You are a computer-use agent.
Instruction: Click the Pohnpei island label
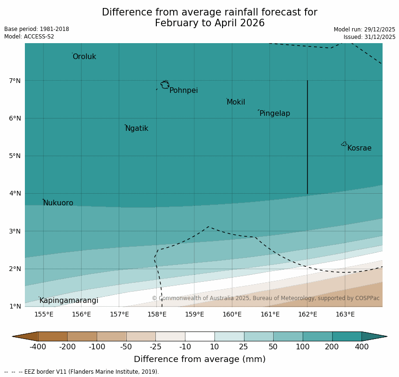click(184, 90)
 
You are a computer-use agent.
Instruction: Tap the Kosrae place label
click(359, 148)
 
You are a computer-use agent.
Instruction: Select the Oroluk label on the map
click(84, 57)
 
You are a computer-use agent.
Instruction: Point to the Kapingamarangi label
click(69, 301)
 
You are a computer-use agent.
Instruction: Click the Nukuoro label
click(58, 203)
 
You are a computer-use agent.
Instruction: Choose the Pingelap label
click(275, 113)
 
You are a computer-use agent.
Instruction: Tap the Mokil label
click(236, 102)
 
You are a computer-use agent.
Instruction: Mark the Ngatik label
click(137, 128)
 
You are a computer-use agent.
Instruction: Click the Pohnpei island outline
click(165, 85)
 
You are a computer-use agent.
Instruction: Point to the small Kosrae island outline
click(344, 144)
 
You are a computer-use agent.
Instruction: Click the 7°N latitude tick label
click(15, 81)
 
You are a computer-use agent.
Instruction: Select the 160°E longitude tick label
click(232, 314)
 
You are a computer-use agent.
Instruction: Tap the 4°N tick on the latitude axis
click(15, 193)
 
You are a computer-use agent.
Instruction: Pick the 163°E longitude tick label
click(345, 314)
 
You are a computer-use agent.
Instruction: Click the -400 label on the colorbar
click(38, 347)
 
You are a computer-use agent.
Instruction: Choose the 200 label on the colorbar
click(332, 347)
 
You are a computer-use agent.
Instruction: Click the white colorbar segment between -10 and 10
click(199, 336)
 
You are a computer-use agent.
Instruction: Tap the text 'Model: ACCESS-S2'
click(29, 37)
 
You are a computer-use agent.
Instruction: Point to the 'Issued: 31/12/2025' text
click(369, 37)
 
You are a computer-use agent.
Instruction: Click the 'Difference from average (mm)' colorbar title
click(199, 359)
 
